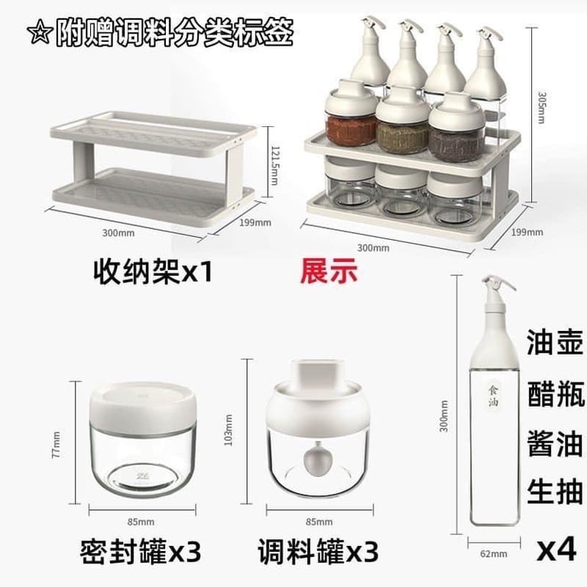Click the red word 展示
click(x=329, y=271)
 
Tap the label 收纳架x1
click(x=151, y=271)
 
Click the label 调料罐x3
click(x=316, y=550)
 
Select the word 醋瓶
click(x=555, y=395)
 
